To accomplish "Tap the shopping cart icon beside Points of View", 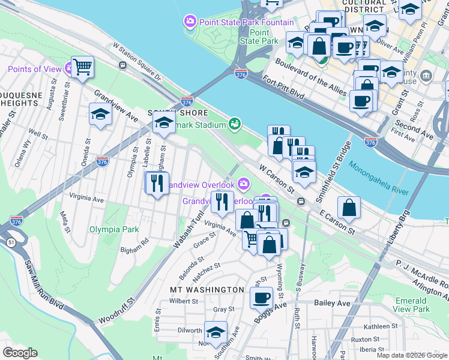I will click(x=83, y=67).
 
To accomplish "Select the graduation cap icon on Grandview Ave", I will click(x=100, y=114).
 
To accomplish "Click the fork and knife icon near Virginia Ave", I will click(x=157, y=182).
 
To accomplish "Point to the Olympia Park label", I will click(x=114, y=229).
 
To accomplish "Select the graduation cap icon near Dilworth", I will click(x=215, y=332).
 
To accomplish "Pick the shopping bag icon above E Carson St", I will click(x=349, y=208).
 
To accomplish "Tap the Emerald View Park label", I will click(x=412, y=305).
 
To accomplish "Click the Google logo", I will click(x=20, y=353).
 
